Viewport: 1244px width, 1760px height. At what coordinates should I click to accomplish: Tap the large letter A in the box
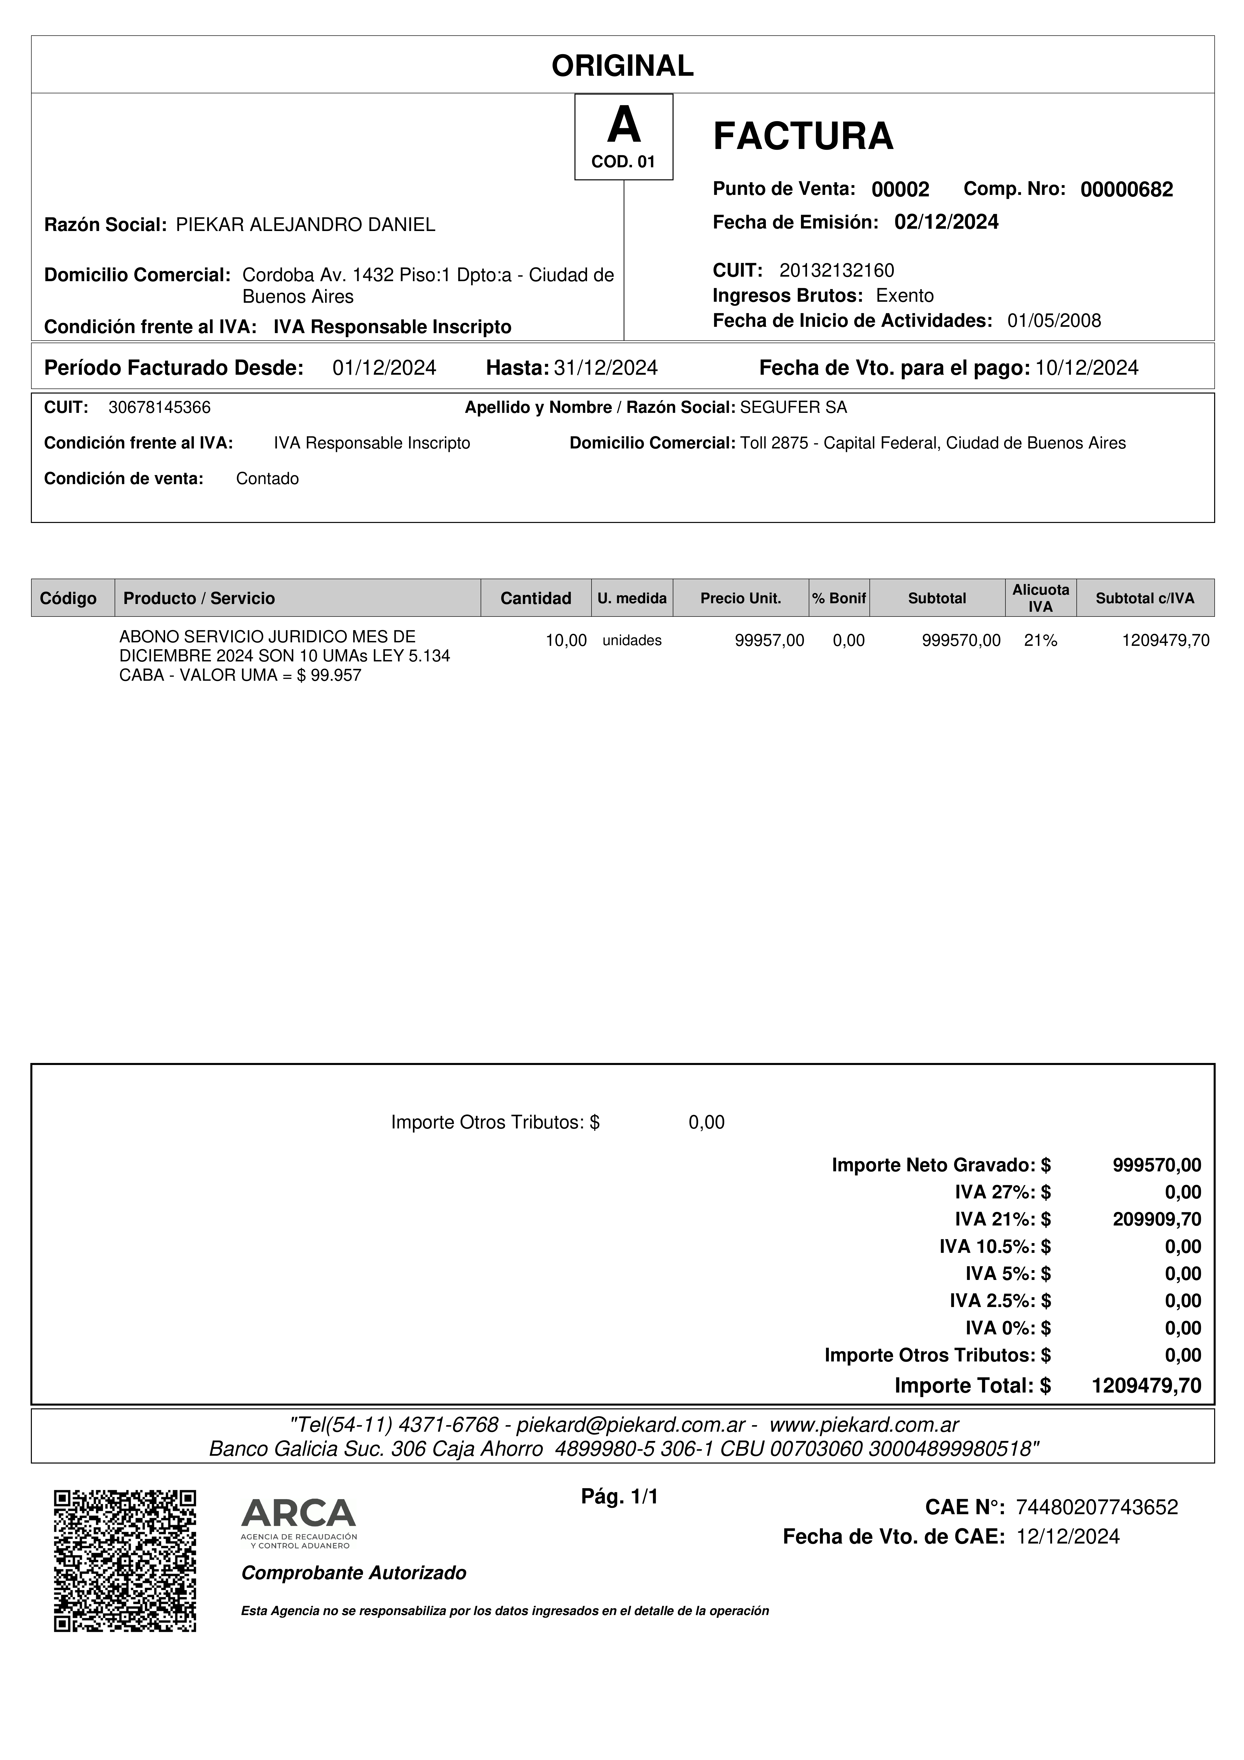pyautogui.click(x=623, y=126)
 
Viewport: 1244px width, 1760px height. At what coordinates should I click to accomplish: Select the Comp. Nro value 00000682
pyautogui.click(x=1126, y=189)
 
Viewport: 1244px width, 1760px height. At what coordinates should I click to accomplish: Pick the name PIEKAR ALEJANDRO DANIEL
pyautogui.click(x=305, y=224)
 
